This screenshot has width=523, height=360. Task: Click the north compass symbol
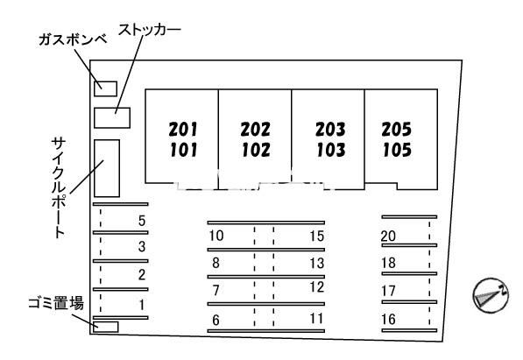click(491, 295)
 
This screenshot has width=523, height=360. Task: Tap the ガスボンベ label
click(73, 39)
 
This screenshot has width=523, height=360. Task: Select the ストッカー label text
click(149, 30)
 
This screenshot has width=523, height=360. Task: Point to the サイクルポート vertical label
click(60, 187)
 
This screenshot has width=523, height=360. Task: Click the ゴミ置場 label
click(56, 303)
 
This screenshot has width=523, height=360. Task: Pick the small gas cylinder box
click(105, 88)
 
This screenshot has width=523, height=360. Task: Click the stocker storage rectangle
click(112, 117)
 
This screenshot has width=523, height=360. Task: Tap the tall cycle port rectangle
click(107, 168)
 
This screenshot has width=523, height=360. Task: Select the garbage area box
click(106, 327)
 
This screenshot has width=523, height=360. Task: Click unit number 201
click(183, 129)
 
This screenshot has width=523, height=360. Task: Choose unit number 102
click(256, 150)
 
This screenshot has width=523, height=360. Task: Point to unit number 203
click(330, 129)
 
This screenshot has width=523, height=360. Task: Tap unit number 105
click(397, 150)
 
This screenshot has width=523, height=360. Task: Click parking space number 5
click(142, 221)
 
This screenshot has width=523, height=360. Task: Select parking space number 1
click(142, 305)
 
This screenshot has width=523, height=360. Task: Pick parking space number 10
click(216, 236)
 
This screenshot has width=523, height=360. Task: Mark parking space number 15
click(316, 236)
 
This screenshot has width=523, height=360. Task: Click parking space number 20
click(388, 236)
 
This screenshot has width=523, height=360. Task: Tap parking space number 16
click(389, 320)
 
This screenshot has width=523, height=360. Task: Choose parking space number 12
click(317, 287)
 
